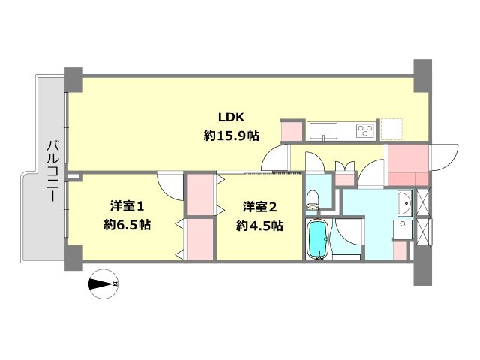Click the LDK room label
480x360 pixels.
pos(230,117)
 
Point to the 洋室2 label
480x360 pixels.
pos(259,205)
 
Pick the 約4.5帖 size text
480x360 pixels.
pos(259,224)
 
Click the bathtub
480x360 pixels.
pos(318,238)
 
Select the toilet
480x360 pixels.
pos(313,199)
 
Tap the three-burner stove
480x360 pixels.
pos(365,130)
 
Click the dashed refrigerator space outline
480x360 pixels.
pos(391,130)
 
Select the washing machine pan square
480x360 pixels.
pos(403,230)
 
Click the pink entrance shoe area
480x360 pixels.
pos(406,158)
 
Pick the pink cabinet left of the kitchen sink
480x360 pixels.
pos(291,131)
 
